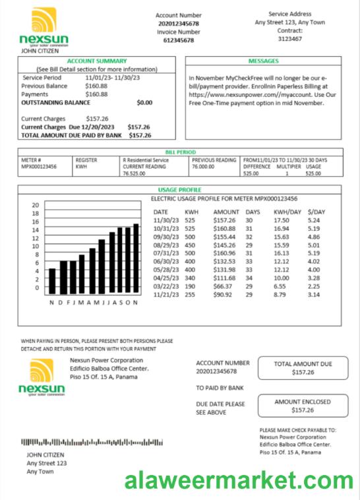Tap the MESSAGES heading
pos(263,61)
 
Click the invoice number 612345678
pos(178,40)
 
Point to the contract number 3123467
pos(290,39)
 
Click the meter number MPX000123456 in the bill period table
pos(39,167)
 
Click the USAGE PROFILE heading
pos(179,190)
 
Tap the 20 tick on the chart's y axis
pos(36,205)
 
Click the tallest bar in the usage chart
pos(136,259)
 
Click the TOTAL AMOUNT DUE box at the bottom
pos(303,368)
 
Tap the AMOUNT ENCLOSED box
pos(303,405)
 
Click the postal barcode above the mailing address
pos(92,441)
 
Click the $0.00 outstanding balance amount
pos(144,103)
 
